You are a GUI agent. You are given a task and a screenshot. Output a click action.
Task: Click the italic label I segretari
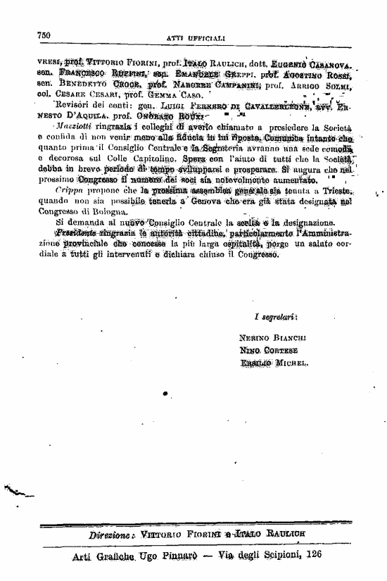[x=275, y=316]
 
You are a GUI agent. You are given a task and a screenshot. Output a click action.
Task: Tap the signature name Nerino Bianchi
[x=271, y=337]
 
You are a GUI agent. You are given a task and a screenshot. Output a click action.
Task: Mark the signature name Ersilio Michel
[x=274, y=363]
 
